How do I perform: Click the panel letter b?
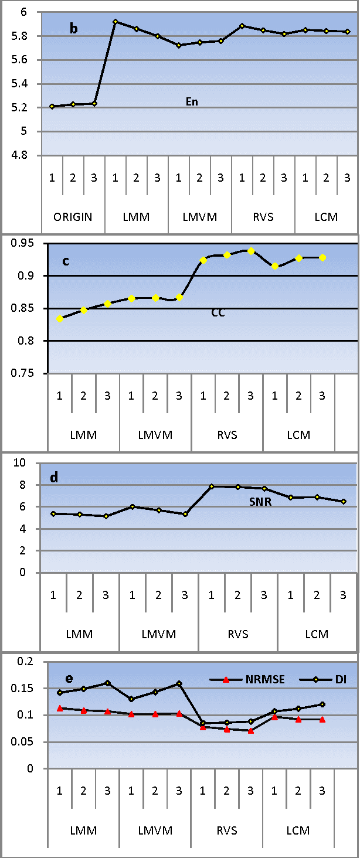click(74, 29)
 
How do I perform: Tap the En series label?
click(192, 102)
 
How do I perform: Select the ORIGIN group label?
click(73, 217)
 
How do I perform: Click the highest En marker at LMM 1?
click(116, 22)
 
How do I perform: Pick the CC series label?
click(218, 313)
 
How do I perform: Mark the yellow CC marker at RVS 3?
click(251, 251)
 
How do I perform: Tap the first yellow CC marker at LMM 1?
click(60, 318)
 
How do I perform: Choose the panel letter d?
click(54, 478)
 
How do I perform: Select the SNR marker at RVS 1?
click(211, 486)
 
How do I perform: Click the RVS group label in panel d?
click(237, 634)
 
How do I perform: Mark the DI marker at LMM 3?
click(107, 683)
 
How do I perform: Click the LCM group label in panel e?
click(298, 830)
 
